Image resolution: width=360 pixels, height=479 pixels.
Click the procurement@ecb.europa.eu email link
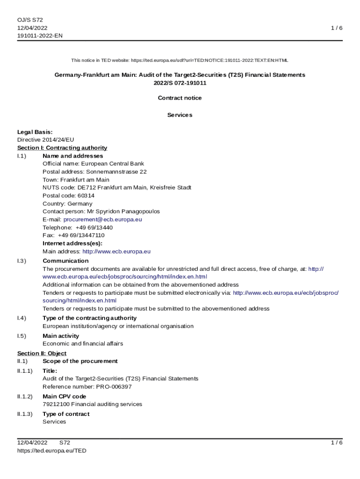102,219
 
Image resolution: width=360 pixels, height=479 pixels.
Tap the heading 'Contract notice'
180,98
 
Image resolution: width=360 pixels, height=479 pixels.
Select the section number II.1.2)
25,396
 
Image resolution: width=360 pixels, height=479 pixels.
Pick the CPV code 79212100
56,404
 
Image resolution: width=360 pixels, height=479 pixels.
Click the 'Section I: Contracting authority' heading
62,148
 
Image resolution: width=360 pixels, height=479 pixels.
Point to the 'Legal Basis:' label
35,132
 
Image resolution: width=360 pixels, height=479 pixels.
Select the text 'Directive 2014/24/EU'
45,140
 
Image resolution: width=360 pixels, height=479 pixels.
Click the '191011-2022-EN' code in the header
40,36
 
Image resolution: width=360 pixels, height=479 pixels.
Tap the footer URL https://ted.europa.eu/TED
51,450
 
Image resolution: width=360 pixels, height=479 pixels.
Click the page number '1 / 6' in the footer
337,443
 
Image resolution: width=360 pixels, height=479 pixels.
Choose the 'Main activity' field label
60,336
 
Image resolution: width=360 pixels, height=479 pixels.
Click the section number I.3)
22,261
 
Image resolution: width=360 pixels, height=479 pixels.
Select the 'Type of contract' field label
65,414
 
